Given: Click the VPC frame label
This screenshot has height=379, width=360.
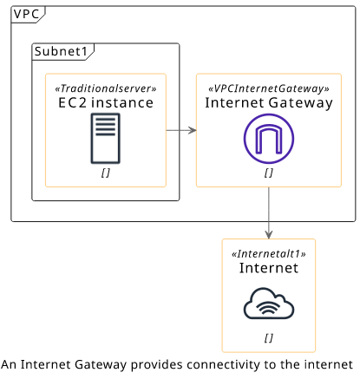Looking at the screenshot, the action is pyautogui.click(x=26, y=14).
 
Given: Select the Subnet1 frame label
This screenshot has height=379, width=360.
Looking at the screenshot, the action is pyautogui.click(x=61, y=51).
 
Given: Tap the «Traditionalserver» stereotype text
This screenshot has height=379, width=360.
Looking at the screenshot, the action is pyautogui.click(x=106, y=88).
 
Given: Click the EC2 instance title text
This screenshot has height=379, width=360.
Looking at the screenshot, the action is pyautogui.click(x=106, y=103).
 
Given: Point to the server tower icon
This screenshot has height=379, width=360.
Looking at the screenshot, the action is pyautogui.click(x=106, y=139).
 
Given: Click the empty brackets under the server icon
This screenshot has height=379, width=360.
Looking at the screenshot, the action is pyautogui.click(x=106, y=173).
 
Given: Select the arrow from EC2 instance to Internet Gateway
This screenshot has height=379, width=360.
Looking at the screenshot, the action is pyautogui.click(x=181, y=130).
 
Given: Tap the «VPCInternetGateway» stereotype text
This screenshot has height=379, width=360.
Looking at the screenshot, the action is pyautogui.click(x=269, y=88).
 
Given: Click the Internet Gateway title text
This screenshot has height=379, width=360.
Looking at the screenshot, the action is pyautogui.click(x=269, y=103).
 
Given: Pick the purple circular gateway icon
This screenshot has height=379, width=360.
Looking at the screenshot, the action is pyautogui.click(x=269, y=139).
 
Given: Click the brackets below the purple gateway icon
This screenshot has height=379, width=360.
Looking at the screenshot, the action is pyautogui.click(x=269, y=173).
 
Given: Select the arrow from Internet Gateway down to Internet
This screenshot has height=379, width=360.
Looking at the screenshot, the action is pyautogui.click(x=269, y=212).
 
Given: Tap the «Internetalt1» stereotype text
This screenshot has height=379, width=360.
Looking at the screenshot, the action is pyautogui.click(x=269, y=254).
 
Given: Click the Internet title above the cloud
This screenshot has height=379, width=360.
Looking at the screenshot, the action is pyautogui.click(x=269, y=268).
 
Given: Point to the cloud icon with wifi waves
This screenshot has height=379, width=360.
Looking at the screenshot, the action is pyautogui.click(x=269, y=304).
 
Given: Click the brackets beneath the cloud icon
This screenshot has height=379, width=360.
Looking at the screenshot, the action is pyautogui.click(x=269, y=338).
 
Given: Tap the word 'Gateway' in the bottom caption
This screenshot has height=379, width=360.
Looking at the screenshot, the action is pyautogui.click(x=101, y=365).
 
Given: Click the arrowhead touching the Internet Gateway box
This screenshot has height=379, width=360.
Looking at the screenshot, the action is pyautogui.click(x=193, y=130).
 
